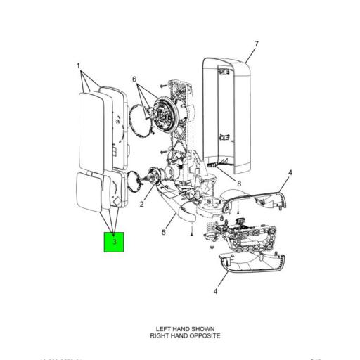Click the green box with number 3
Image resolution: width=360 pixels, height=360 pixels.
[x=114, y=243]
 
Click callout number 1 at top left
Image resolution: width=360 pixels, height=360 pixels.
[x=78, y=66]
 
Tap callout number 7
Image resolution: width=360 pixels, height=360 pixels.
[x=256, y=44]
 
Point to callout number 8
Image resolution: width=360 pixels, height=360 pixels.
[x=239, y=184]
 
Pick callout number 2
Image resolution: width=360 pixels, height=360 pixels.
[x=141, y=205]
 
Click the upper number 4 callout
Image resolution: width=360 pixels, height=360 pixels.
[x=290, y=172]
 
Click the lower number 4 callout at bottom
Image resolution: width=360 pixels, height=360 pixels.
[x=216, y=290]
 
